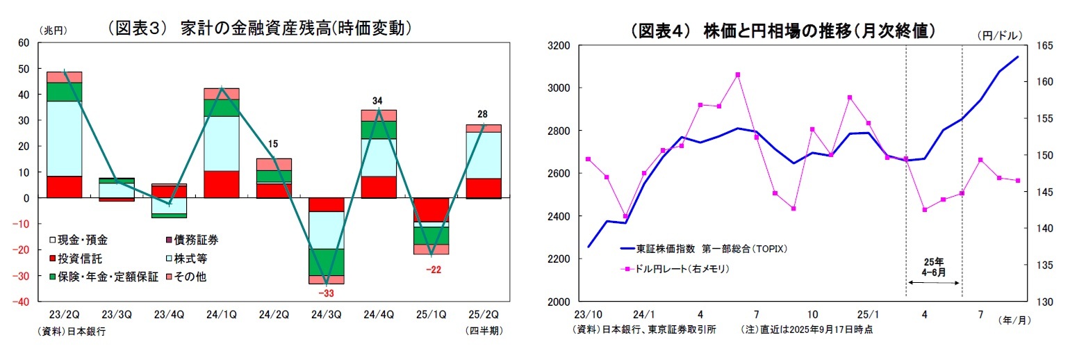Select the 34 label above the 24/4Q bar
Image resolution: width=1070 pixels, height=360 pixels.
(x=377, y=101)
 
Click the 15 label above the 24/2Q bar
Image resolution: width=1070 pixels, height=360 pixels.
(x=273, y=145)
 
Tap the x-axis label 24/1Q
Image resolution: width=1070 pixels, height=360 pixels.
(x=222, y=314)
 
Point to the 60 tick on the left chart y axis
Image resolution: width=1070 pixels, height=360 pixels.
(x=24, y=43)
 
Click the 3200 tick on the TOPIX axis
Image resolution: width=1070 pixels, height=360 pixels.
(x=559, y=46)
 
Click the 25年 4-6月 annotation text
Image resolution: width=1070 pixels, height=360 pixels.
(x=934, y=268)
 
